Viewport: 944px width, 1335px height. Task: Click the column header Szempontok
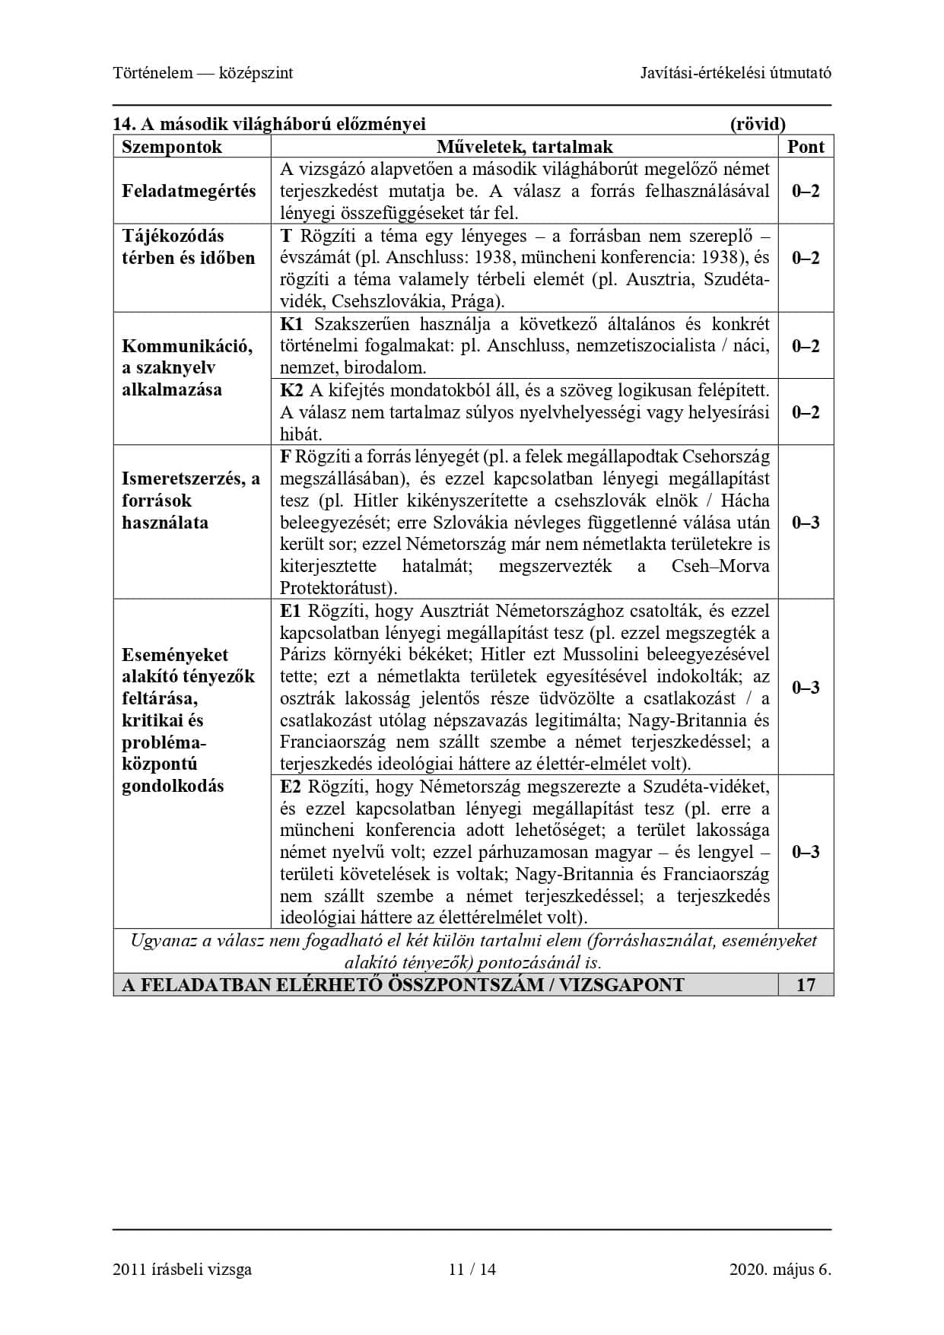pos(172,147)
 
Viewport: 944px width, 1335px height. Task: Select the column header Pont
pos(806,147)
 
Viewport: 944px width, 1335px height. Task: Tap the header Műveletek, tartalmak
pos(524,147)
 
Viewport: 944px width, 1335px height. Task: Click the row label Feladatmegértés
pos(189,191)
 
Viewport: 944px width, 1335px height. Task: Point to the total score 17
pos(806,985)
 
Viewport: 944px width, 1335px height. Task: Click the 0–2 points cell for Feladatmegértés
pos(806,191)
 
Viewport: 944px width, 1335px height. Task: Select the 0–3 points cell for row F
pos(806,523)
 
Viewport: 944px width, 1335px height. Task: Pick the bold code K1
pos(291,324)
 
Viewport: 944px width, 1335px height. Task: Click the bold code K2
pos(291,390)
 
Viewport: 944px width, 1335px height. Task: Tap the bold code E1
pos(291,611)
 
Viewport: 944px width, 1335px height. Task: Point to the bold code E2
pos(291,786)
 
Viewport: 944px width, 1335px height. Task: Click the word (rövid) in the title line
pos(757,124)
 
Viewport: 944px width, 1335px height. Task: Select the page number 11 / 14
pos(472,1269)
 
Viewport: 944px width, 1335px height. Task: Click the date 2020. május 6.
pos(780,1269)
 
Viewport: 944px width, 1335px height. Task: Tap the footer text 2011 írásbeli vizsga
pos(182,1269)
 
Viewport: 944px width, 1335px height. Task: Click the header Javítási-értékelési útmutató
pos(736,73)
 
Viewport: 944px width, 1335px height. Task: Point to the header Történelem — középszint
pos(202,73)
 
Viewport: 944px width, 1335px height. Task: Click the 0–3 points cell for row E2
pos(806,852)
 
